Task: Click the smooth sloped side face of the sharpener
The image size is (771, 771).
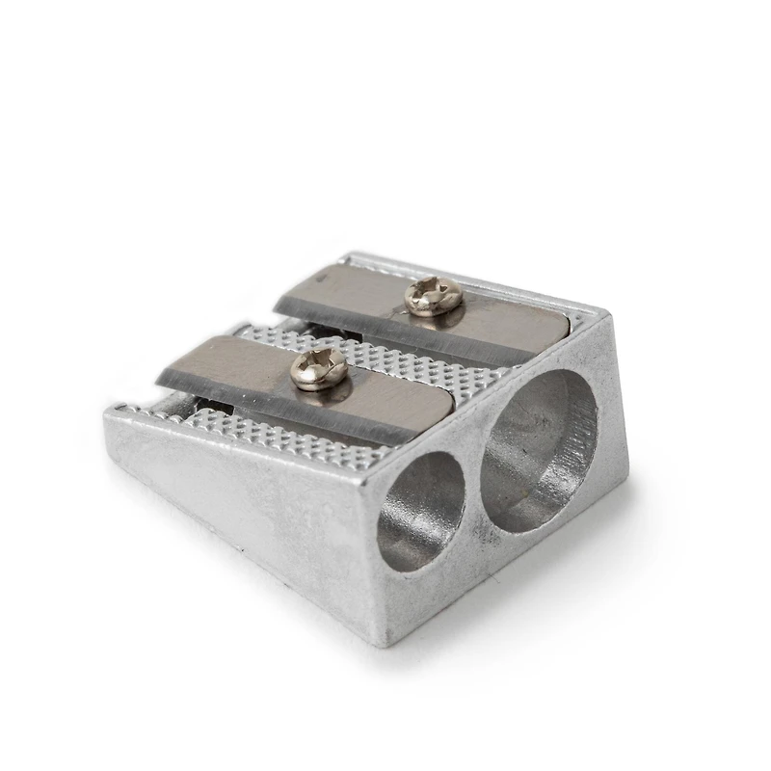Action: click(x=241, y=501)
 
